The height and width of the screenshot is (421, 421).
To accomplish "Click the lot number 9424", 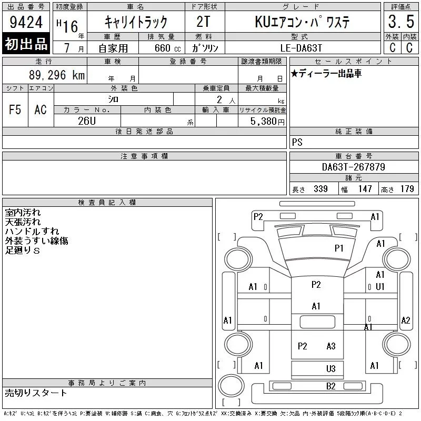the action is click(x=26, y=22).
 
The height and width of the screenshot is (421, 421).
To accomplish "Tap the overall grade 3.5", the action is click(x=401, y=22).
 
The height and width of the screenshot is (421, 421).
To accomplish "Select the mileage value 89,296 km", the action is click(x=57, y=75).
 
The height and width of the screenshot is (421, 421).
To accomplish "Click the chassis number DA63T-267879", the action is click(x=353, y=167).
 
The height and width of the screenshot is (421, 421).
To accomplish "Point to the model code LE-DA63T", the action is click(x=301, y=48).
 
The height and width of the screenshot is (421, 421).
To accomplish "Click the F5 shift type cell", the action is click(x=15, y=109).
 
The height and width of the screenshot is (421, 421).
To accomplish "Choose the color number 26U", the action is click(x=87, y=121).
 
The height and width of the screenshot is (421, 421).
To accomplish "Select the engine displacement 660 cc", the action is click(x=167, y=48).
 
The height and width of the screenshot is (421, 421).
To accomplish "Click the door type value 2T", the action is click(x=203, y=22).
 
